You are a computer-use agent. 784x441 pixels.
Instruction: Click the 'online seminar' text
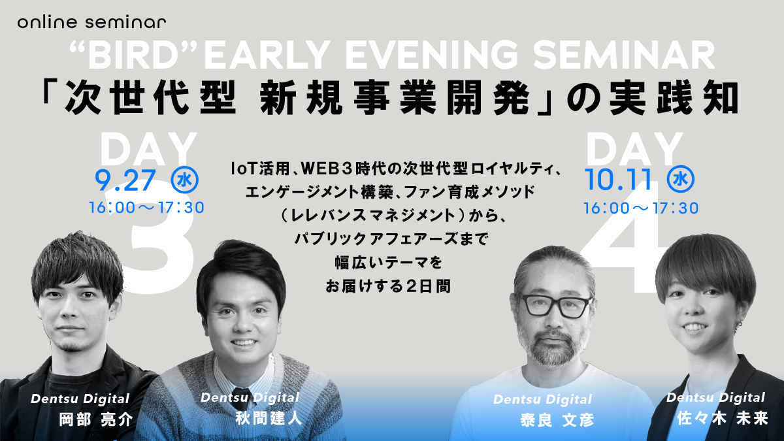[x=91, y=22]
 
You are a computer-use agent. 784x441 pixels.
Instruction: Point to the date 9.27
[x=125, y=180]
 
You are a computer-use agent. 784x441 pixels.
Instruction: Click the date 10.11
[x=619, y=180]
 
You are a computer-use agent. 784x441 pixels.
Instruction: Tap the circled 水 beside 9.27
[x=185, y=180]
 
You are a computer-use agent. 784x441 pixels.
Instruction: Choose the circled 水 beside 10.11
[x=681, y=180]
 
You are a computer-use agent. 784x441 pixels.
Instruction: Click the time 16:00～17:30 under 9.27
[x=146, y=208]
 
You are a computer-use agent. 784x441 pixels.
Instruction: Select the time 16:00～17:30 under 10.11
[x=641, y=208]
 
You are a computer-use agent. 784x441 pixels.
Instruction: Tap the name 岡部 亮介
[x=96, y=419]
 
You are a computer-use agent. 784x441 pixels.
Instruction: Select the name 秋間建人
[x=269, y=418]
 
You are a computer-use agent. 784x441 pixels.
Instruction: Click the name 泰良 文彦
[x=557, y=420]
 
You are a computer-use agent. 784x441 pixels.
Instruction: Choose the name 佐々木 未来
[x=723, y=419]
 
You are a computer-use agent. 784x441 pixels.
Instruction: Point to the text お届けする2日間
[x=388, y=287]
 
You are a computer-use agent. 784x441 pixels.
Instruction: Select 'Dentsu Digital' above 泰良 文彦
[x=542, y=400]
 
